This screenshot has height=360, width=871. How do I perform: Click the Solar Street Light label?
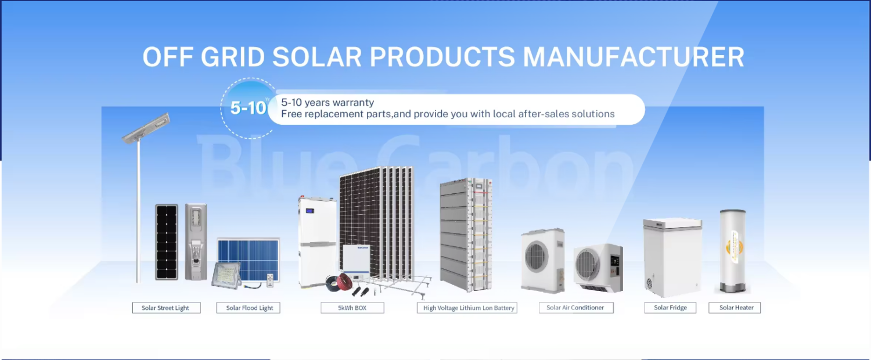tap(165, 308)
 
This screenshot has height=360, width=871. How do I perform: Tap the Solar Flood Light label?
tap(249, 308)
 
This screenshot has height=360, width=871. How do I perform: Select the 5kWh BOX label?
tap(352, 308)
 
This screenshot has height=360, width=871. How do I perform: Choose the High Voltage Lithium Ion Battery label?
tap(469, 308)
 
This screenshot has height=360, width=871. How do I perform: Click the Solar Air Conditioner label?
tap(575, 307)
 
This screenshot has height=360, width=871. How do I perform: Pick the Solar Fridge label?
tap(670, 307)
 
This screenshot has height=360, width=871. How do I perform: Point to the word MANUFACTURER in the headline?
tap(634, 57)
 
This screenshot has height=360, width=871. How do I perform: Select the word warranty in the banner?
tap(354, 103)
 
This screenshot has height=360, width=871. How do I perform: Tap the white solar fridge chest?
tap(672, 255)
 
